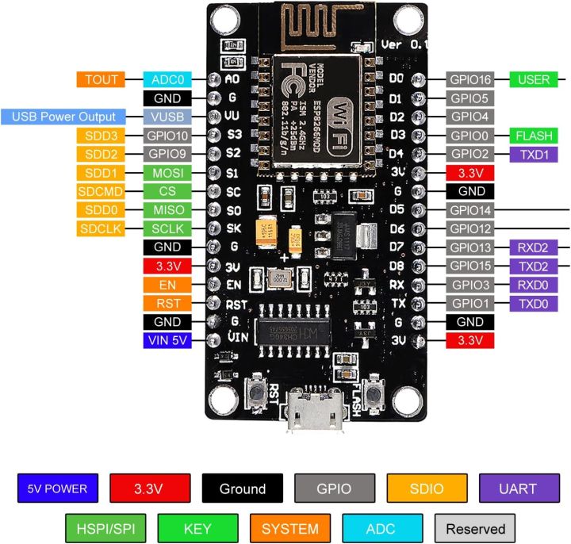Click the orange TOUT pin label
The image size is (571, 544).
point(102,79)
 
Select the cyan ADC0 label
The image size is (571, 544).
point(168,79)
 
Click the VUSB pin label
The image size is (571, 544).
point(168,117)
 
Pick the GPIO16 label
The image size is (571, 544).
point(472,79)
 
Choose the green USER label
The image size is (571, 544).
point(532,79)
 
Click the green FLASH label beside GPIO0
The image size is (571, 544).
point(532,136)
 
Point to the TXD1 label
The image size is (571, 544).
point(532,154)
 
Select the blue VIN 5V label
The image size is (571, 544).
point(168,341)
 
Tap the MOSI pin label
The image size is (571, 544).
point(168,173)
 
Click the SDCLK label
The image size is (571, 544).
point(102,229)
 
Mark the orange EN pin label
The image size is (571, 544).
point(168,285)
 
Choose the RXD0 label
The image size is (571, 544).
point(532,285)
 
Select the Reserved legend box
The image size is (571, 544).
point(475,528)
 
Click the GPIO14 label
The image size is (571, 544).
point(472,210)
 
